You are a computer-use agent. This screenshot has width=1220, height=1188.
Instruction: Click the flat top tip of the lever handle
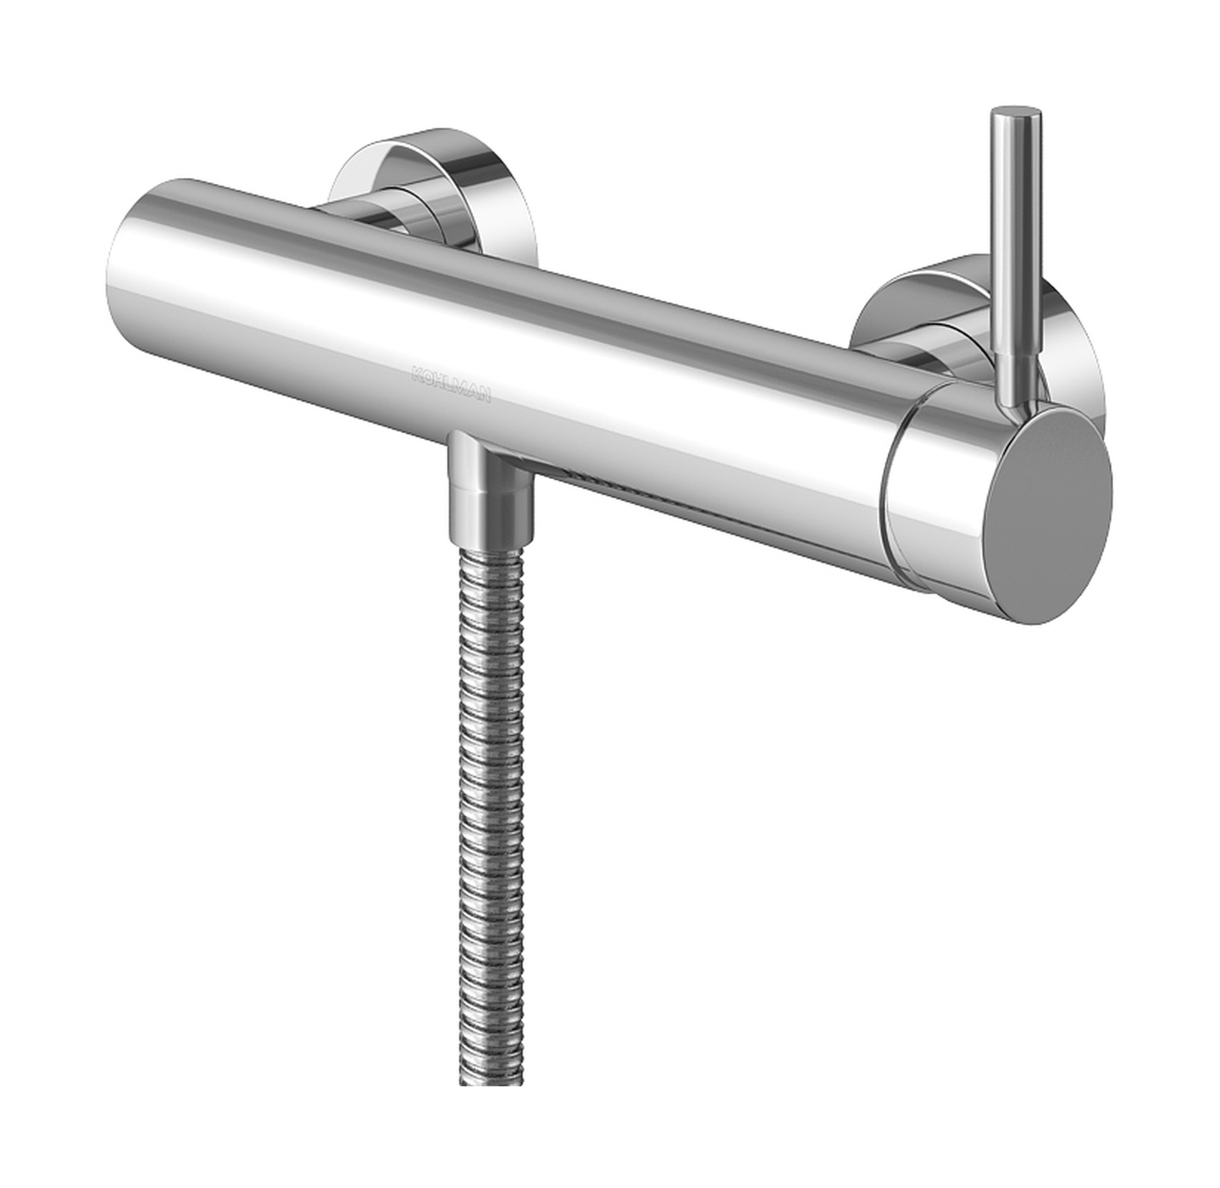1018,115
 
